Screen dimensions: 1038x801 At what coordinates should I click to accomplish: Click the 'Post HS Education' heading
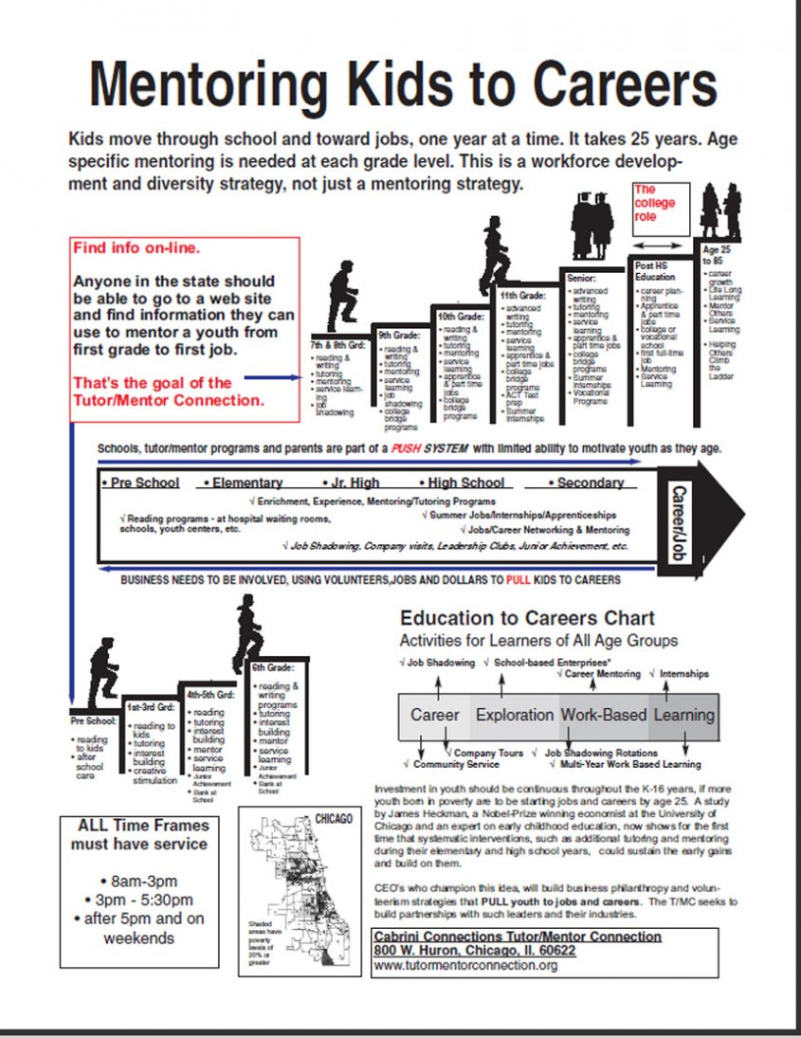coord(657,272)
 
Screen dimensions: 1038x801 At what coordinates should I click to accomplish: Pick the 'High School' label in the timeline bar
coord(465,483)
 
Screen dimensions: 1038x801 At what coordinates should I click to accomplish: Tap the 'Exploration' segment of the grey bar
coord(515,715)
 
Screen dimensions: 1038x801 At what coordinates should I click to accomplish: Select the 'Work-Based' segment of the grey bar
coord(603,715)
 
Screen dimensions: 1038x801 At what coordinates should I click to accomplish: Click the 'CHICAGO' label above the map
coord(333,818)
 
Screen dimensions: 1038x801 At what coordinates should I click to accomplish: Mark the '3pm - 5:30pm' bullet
coord(144,900)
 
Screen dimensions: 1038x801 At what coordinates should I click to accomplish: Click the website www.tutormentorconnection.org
coord(465,965)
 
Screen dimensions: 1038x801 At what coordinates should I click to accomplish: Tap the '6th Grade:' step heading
coord(272,667)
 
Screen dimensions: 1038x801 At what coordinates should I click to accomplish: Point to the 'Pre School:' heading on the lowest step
coord(93,720)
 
